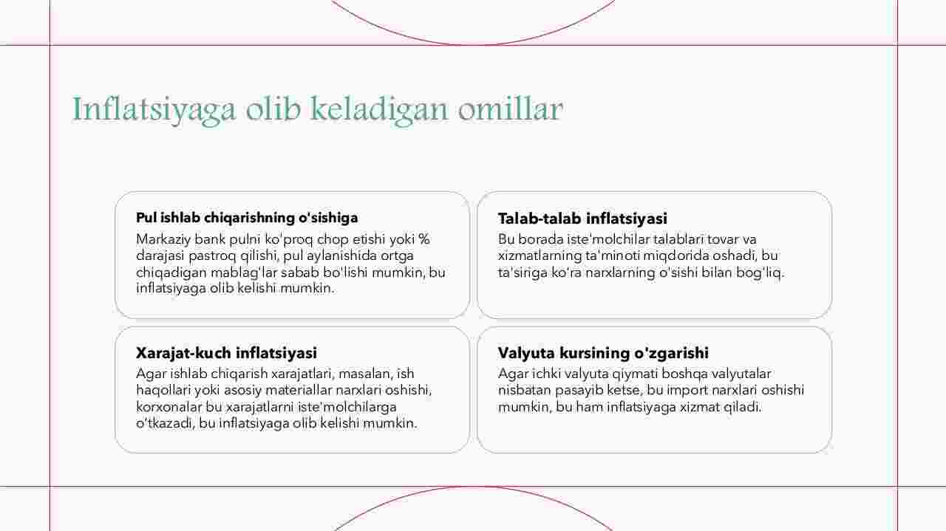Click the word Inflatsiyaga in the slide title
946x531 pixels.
pos(154,110)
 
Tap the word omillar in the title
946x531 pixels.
pos(511,109)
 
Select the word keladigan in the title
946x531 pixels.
pos(379,110)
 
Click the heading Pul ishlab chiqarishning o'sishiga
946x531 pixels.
pos(247,218)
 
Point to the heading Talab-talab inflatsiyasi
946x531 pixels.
pos(582,219)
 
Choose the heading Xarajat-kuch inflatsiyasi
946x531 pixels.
pos(226,353)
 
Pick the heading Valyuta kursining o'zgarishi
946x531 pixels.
pos(603,353)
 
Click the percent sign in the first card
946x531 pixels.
pos(424,239)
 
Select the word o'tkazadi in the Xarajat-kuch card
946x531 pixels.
pos(166,424)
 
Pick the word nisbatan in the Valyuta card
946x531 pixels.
pos(525,391)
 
